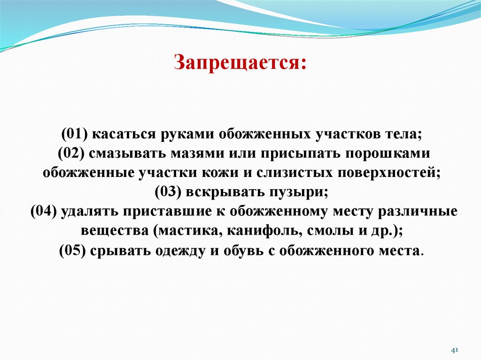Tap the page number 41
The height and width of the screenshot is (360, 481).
pos(454,350)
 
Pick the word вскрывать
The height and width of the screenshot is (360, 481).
pos(216,192)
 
